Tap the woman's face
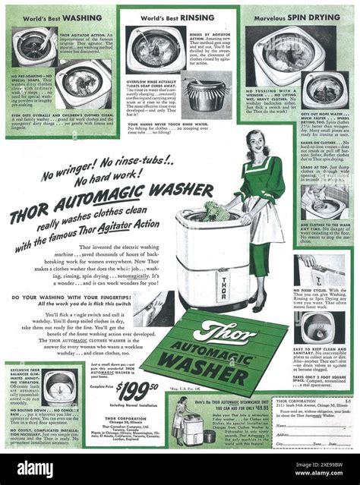tap(254, 142)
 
